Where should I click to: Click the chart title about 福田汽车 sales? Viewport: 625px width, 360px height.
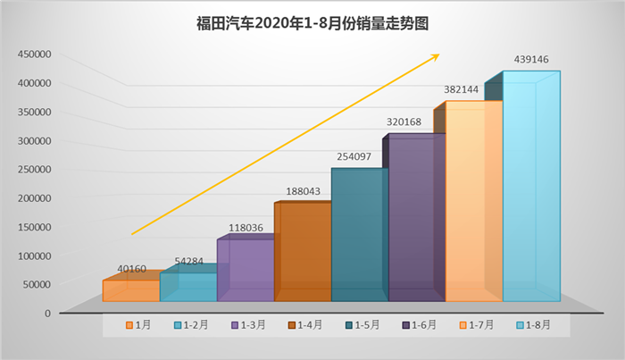coord(312,22)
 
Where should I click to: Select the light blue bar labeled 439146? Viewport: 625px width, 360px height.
coord(531,188)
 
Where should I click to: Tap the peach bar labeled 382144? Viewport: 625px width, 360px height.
coord(473,201)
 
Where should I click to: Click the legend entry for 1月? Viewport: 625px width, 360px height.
coord(138,326)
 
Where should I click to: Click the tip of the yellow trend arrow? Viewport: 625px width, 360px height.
coord(438,54)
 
